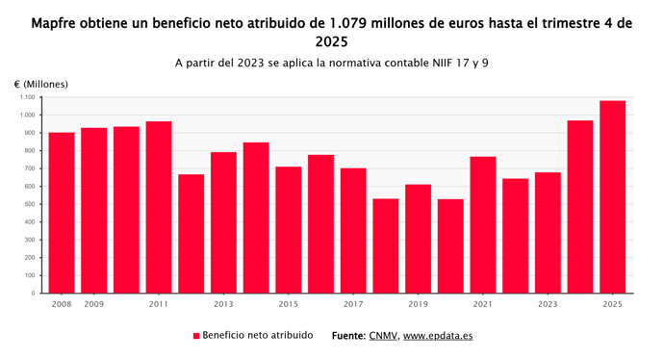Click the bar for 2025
click(x=612, y=197)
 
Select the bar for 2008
click(x=62, y=213)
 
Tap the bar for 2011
click(x=159, y=207)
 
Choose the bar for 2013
click(x=223, y=222)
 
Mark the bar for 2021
click(x=482, y=224)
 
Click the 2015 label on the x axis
click(x=289, y=304)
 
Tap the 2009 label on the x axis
click(x=94, y=304)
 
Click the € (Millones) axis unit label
click(x=41, y=85)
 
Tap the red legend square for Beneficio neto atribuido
click(x=196, y=336)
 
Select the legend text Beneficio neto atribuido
click(x=258, y=336)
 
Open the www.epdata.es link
click(x=438, y=336)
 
